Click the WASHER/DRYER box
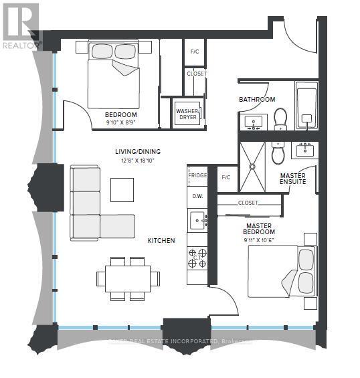point(185,112)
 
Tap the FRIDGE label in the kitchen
point(197,175)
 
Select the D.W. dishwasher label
point(197,196)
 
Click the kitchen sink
point(197,218)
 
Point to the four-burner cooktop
point(197,258)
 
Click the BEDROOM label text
point(121,114)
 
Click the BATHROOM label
point(257,100)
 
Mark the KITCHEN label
point(162,240)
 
